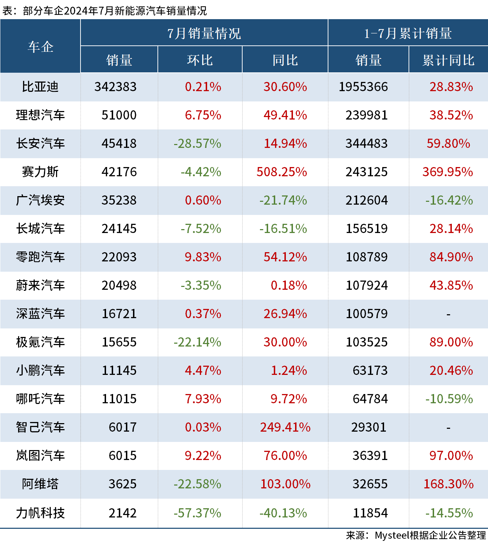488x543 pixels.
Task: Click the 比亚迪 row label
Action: pos(40,87)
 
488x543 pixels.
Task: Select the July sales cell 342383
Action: pos(115,87)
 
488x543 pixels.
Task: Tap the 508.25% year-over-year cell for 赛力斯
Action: pos(282,172)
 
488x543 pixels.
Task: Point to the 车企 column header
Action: pos(40,46)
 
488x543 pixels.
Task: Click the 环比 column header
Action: pos(200,60)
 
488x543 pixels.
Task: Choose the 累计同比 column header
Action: pos(448,60)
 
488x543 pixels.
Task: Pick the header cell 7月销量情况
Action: pos(204,34)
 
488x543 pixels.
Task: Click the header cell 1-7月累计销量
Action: pos(408,34)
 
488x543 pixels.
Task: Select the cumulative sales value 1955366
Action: pos(363,87)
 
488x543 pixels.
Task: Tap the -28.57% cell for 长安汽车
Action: pos(197,144)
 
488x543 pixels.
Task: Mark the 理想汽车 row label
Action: pos(40,115)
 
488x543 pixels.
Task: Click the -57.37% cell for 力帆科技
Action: pos(197,513)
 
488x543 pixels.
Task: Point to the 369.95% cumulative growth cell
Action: pos(448,172)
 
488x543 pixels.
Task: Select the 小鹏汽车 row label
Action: pos(40,371)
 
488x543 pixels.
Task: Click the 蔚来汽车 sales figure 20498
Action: pos(119,286)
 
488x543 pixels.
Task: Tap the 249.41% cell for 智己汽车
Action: pos(285,427)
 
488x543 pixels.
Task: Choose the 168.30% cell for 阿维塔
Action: pos(448,484)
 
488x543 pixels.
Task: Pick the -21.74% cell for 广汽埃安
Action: pos(283,200)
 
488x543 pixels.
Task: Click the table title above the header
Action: pos(104,11)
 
